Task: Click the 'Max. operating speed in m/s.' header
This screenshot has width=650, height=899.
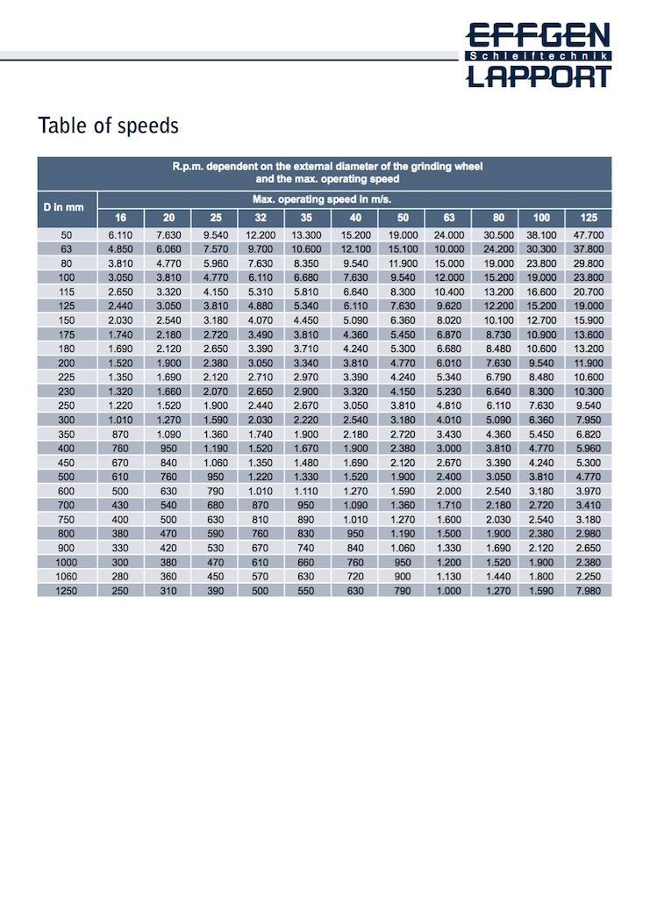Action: tap(321, 199)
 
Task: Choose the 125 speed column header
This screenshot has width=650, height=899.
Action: tap(588, 218)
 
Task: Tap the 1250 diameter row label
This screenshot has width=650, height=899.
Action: tap(66, 591)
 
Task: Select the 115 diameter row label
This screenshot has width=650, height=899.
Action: tap(66, 291)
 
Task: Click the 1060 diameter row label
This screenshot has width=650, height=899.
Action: tap(66, 578)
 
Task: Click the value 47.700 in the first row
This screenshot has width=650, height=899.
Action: tap(588, 235)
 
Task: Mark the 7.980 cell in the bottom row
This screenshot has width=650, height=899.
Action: tap(588, 591)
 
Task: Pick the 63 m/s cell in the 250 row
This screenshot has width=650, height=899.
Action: tap(449, 406)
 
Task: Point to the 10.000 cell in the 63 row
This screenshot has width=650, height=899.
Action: tap(449, 249)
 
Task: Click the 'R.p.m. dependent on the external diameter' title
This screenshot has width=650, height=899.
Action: tap(326, 166)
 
